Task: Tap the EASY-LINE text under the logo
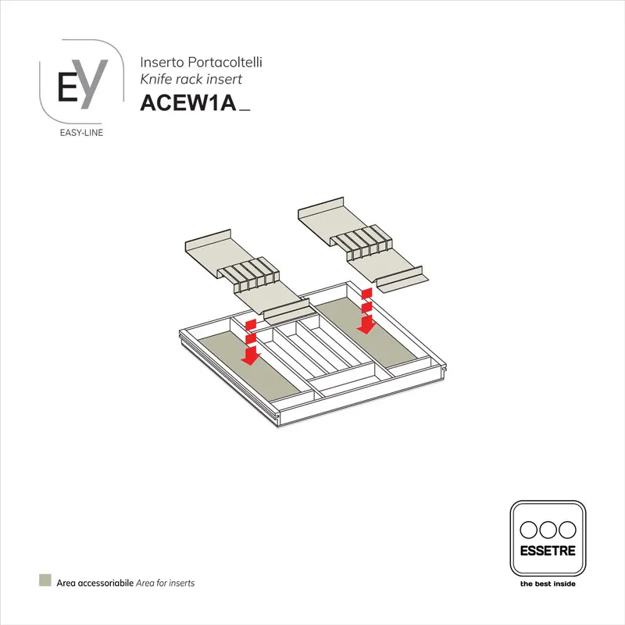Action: pos(81,132)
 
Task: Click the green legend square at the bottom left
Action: pos(45,581)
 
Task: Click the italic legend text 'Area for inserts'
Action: pos(166,583)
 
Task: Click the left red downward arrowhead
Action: pos(250,358)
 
